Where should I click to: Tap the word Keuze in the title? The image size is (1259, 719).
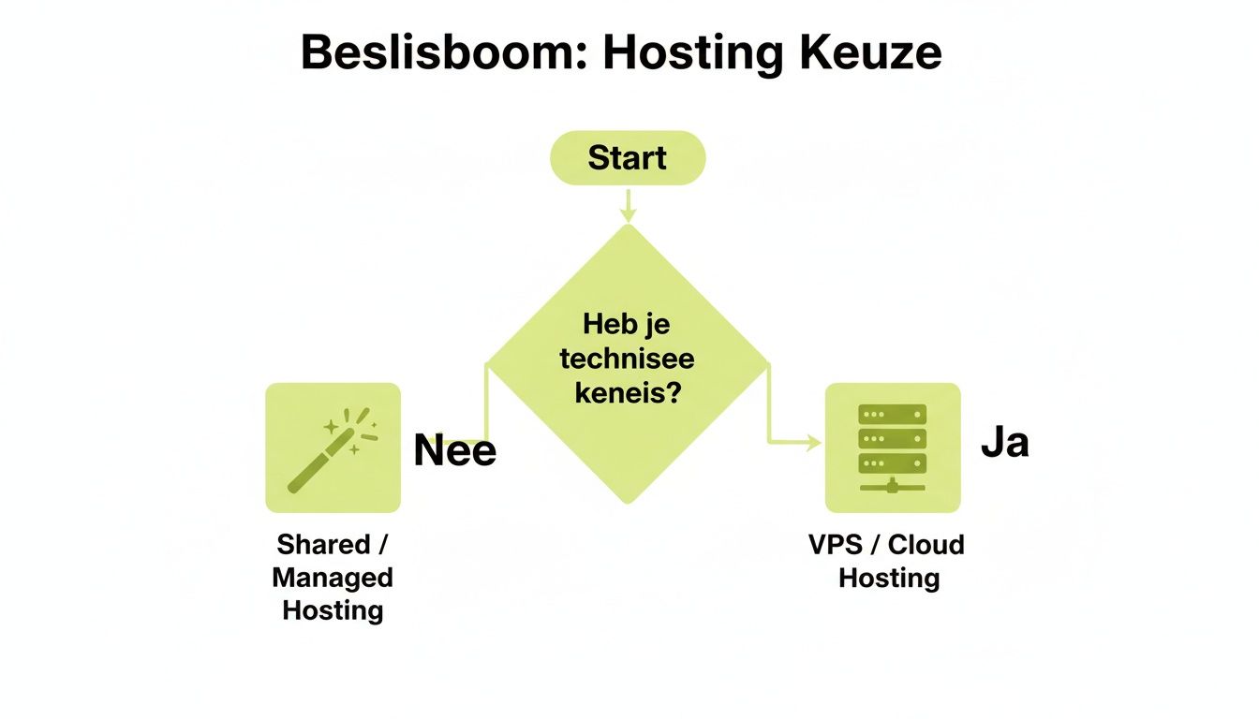pos(870,54)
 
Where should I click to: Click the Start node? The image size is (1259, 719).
pos(627,157)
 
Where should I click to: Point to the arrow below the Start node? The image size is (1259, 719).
pos(627,206)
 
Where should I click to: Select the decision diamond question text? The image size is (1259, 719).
pos(627,359)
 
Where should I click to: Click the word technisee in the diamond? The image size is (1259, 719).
pos(627,359)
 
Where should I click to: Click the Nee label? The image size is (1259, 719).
pos(454,451)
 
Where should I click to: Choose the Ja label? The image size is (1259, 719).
pos(1004,442)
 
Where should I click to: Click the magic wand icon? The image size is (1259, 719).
pos(333,448)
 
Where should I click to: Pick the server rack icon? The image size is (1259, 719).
pos(892,448)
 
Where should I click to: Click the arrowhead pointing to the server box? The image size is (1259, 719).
pos(812,443)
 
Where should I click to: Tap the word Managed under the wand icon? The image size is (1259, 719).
pos(333,578)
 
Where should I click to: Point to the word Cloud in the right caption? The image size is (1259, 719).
pos(926,545)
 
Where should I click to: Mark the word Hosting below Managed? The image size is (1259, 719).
pos(333,610)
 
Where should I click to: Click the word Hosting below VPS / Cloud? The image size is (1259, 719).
pos(888,578)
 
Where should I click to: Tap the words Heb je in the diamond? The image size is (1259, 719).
pos(627,326)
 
